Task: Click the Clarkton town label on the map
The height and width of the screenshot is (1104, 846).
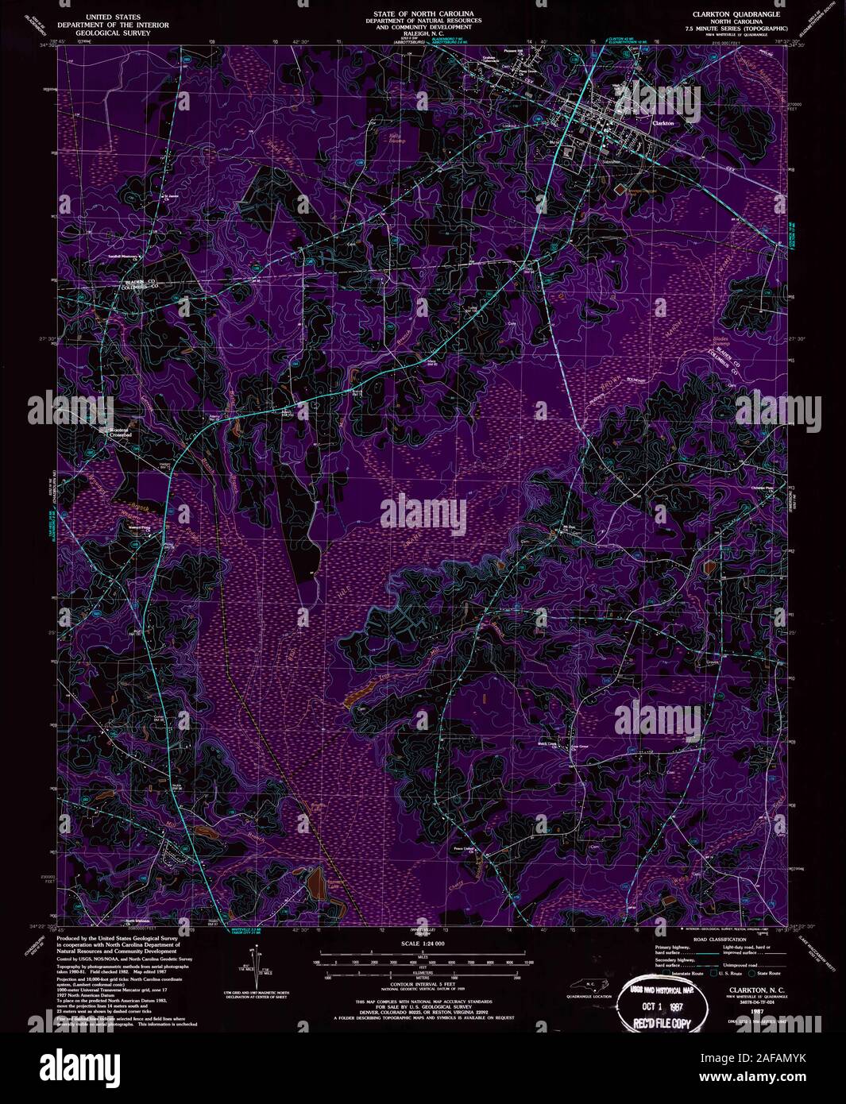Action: (663, 124)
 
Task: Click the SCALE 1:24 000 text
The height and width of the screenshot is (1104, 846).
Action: (422, 944)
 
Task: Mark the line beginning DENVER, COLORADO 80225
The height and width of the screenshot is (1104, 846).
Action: (422, 1009)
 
